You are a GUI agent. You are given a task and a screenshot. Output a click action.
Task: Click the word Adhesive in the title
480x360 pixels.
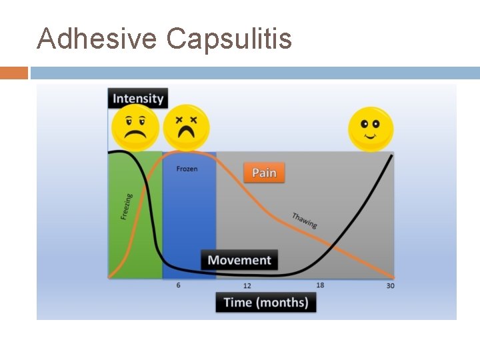(97, 39)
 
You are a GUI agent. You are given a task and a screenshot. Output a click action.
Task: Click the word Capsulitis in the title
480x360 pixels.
(229, 39)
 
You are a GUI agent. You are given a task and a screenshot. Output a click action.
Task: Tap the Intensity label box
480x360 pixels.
(137, 99)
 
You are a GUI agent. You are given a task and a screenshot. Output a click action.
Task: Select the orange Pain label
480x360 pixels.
(264, 173)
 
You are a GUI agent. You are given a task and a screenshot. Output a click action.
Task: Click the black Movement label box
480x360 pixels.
(239, 260)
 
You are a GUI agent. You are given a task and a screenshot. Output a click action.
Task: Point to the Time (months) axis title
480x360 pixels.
(266, 302)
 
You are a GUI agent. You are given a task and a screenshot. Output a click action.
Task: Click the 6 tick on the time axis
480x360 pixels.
(178, 285)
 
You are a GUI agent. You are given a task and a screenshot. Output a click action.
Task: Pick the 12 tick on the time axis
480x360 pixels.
(247, 286)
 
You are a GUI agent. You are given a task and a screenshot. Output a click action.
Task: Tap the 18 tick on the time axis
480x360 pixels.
(320, 285)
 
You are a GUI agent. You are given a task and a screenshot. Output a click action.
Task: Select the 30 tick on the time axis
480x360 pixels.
(390, 286)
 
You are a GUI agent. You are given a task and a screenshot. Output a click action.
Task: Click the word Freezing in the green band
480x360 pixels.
(127, 207)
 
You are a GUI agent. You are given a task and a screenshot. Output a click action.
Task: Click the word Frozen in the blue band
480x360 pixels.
(187, 169)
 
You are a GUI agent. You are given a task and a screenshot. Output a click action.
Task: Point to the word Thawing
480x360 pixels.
(304, 220)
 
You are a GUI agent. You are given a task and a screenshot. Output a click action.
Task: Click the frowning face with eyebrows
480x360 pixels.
(135, 127)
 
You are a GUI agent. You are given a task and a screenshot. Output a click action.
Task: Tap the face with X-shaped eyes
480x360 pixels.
(187, 127)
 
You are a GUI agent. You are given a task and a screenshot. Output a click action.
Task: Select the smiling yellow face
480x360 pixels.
(371, 129)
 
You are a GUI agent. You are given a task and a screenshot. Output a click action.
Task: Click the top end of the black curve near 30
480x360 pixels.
(391, 155)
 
